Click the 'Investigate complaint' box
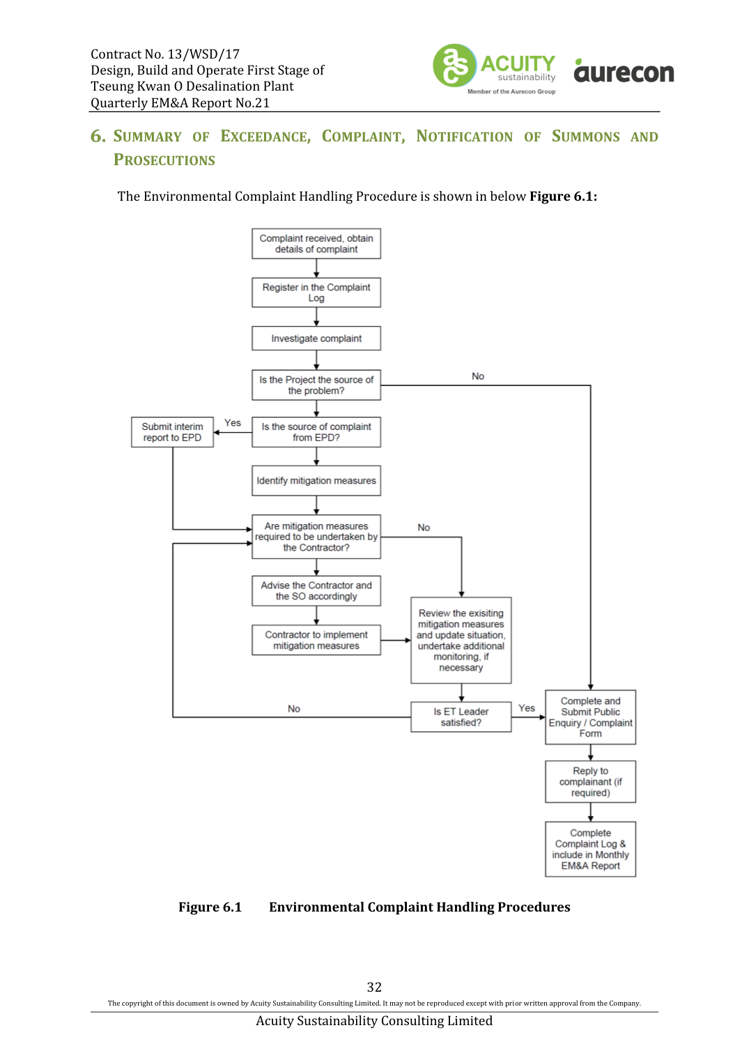316,338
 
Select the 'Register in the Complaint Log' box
316,293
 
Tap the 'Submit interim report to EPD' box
172,432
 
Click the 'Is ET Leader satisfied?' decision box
461,717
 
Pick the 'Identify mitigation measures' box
316,481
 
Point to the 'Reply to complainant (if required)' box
591,782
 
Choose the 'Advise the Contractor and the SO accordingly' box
316,590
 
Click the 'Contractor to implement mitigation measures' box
316,640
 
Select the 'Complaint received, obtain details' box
316,244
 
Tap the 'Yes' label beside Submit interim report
232,422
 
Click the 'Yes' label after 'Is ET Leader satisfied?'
527,708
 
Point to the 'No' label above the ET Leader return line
294,708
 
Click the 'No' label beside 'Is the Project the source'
478,376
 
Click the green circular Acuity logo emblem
454,66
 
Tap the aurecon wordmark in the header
624,70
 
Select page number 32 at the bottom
374,987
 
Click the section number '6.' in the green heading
98,137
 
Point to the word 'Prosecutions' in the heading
164,160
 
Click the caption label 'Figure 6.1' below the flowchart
210,907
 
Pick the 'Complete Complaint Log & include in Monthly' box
591,849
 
